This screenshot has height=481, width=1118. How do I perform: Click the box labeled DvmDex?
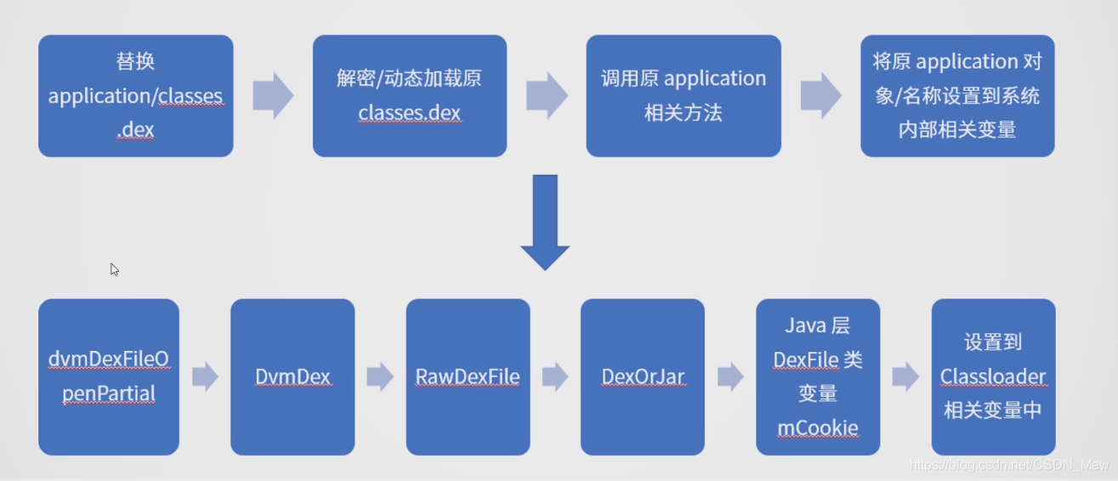pyautogui.click(x=292, y=376)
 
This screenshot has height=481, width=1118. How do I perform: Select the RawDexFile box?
pyautogui.click(x=468, y=376)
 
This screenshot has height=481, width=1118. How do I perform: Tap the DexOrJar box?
pyautogui.click(x=642, y=376)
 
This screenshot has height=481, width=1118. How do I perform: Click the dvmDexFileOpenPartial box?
pyautogui.click(x=109, y=376)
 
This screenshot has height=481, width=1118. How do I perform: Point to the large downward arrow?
pyautogui.click(x=545, y=223)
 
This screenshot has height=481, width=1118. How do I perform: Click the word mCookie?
pyautogui.click(x=817, y=427)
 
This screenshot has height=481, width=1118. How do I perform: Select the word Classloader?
pyautogui.click(x=993, y=376)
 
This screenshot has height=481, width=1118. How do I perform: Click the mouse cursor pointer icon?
pyautogui.click(x=114, y=269)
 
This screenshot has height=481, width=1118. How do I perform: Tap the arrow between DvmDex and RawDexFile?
pyautogui.click(x=380, y=377)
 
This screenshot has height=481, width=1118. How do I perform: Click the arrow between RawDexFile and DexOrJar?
pyautogui.click(x=555, y=377)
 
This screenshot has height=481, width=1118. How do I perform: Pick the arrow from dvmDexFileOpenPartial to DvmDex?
pyautogui.click(x=205, y=377)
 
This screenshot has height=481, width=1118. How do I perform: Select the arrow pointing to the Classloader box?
pyautogui.click(x=905, y=377)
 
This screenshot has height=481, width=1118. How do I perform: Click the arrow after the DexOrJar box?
pyautogui.click(x=730, y=377)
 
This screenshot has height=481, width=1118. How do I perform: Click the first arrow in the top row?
pyautogui.click(x=273, y=95)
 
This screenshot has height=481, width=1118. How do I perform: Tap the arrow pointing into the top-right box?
pyautogui.click(x=820, y=95)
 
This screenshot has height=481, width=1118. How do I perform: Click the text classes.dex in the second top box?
pyautogui.click(x=410, y=113)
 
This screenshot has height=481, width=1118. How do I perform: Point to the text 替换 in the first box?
pyautogui.click(x=135, y=61)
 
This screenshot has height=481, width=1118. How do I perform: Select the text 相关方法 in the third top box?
pyautogui.click(x=684, y=113)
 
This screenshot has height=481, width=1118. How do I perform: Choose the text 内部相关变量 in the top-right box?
pyautogui.click(x=957, y=130)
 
